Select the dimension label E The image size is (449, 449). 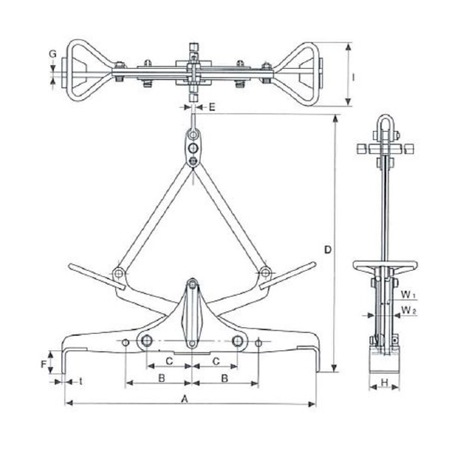coord(212,108)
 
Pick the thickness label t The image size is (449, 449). coord(79,382)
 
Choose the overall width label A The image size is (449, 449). coord(185,400)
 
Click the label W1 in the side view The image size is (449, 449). coord(405,294)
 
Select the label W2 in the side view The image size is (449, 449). coord(405,309)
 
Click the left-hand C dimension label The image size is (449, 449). coord(169,361)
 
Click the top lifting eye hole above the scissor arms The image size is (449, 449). coord(193,135)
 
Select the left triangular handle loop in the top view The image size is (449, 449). coord(88,72)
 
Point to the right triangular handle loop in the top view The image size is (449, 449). coord(298,72)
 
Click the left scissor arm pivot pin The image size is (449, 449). coord(118,274)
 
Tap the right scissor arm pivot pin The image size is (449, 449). coord(264,274)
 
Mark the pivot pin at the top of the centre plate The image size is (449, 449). coord(192,284)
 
